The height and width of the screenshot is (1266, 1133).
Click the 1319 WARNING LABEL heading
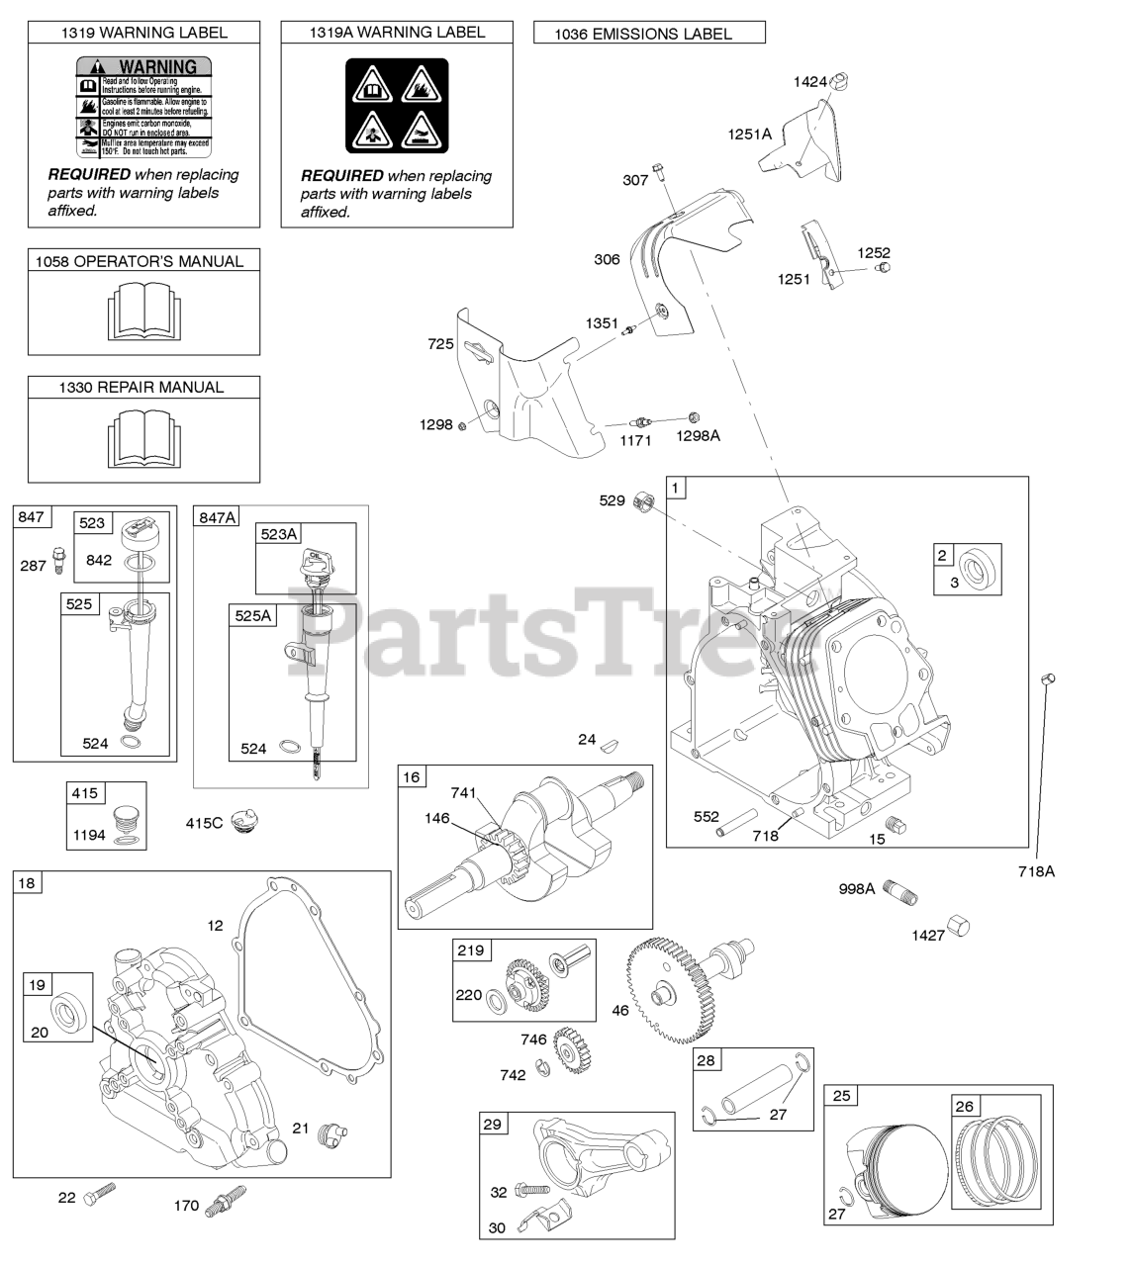143,33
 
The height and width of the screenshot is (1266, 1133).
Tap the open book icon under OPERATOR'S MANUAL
143,311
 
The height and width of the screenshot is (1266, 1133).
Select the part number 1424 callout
809,82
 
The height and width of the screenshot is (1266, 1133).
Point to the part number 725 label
440,344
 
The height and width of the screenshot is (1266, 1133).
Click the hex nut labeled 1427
958,927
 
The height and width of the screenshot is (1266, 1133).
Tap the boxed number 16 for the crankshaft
411,777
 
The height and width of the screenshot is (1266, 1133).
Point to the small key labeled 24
612,739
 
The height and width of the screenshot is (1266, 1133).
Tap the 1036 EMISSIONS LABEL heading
648,34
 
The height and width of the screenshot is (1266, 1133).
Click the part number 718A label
1037,871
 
